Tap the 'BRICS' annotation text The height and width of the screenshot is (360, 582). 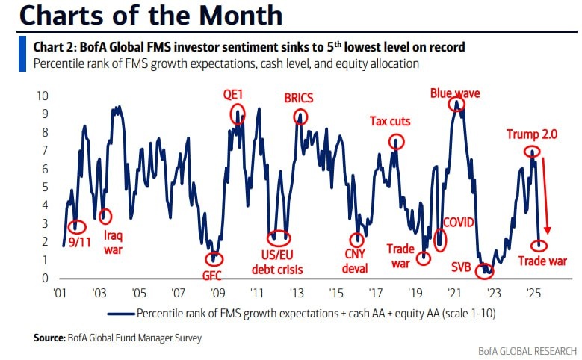coord(300,98)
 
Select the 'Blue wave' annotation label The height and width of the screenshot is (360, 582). coord(454,93)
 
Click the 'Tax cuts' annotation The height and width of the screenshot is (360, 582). coord(391,121)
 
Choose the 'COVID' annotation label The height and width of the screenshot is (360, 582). coord(459,222)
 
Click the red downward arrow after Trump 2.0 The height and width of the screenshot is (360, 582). coord(545,194)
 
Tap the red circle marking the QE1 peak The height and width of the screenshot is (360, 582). coord(238,114)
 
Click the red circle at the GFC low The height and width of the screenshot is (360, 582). coord(214,258)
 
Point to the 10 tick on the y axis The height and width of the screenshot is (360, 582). coord(43,96)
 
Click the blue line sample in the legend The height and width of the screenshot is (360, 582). coord(121,312)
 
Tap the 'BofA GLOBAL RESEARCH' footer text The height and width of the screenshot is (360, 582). coord(527,350)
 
